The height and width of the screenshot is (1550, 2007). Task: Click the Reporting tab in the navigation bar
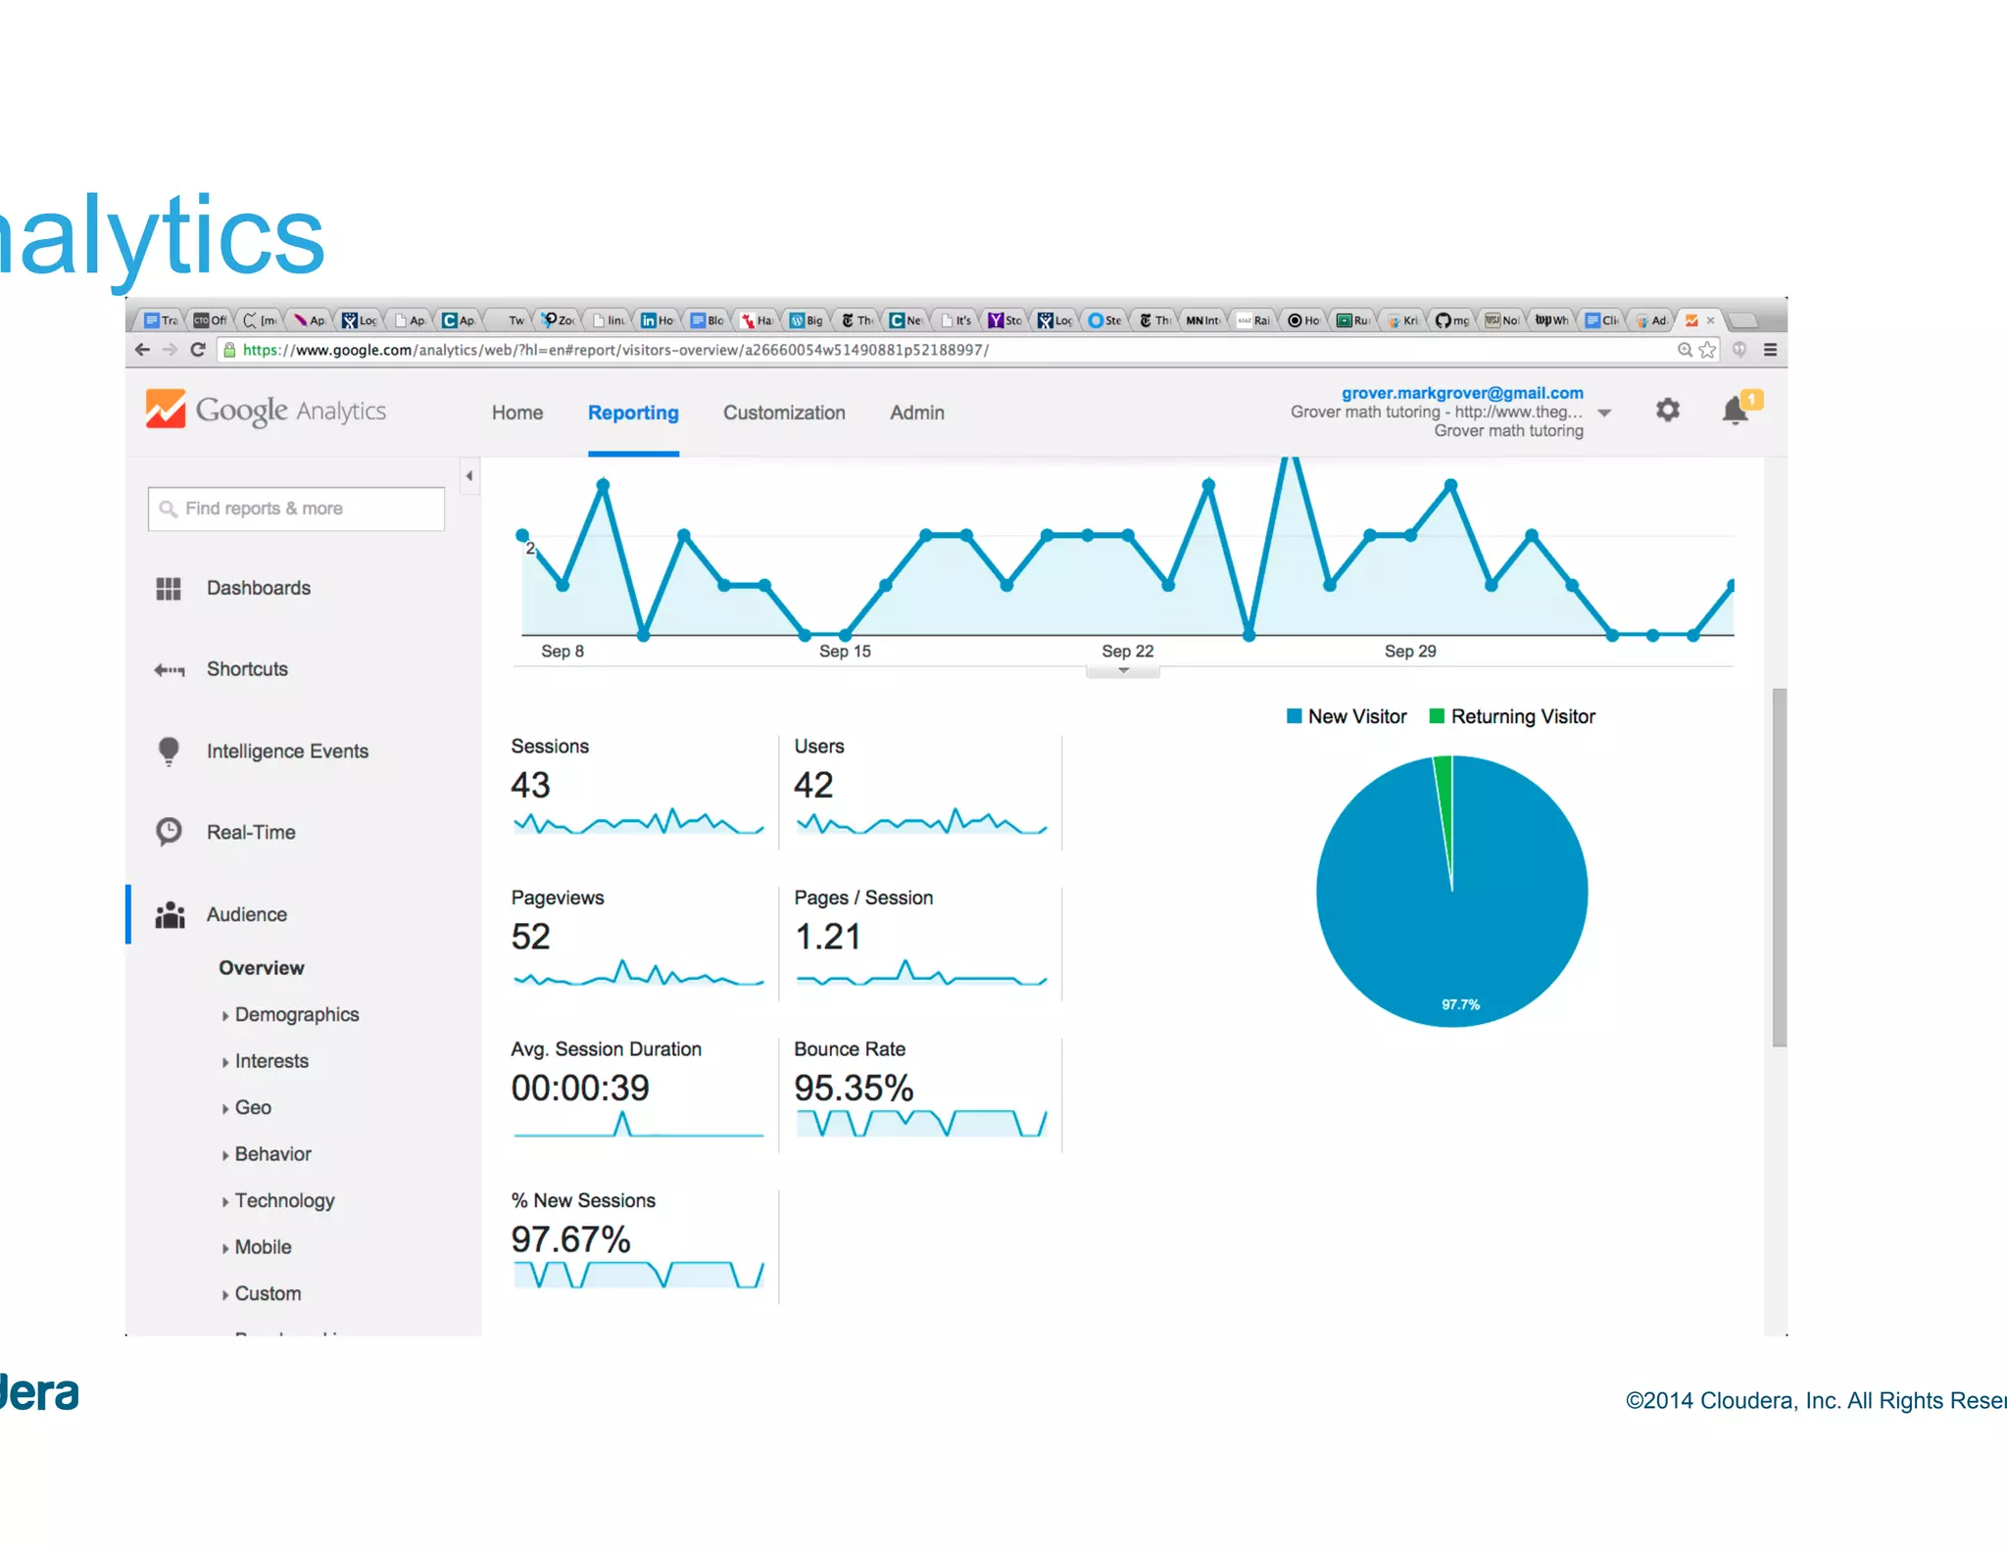pos(633,413)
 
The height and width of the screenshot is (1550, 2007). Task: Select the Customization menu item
pos(784,413)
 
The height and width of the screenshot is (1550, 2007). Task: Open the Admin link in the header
pos(916,413)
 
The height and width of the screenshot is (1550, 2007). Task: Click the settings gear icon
pos(1667,410)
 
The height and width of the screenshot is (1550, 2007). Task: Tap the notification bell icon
pos(1735,411)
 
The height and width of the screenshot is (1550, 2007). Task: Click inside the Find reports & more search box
pos(296,509)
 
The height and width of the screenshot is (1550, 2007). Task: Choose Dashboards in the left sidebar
pos(258,588)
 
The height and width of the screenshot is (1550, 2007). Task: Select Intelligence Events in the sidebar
pos(287,751)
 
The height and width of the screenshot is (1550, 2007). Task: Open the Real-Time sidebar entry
pos(251,833)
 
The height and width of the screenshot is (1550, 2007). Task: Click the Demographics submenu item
pos(296,1015)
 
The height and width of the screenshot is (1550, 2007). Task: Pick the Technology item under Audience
pos(284,1201)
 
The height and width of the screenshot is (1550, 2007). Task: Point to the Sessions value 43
pos(530,786)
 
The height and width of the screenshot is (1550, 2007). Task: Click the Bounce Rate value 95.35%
pos(853,1089)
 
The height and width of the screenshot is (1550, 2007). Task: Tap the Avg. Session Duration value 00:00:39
pos(580,1089)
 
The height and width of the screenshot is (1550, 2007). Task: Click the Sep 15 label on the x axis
pos(845,652)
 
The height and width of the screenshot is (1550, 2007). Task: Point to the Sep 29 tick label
pos(1409,652)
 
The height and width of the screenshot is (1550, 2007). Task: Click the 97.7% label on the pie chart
pos(1460,1005)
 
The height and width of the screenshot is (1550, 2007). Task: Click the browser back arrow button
pos(142,350)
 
